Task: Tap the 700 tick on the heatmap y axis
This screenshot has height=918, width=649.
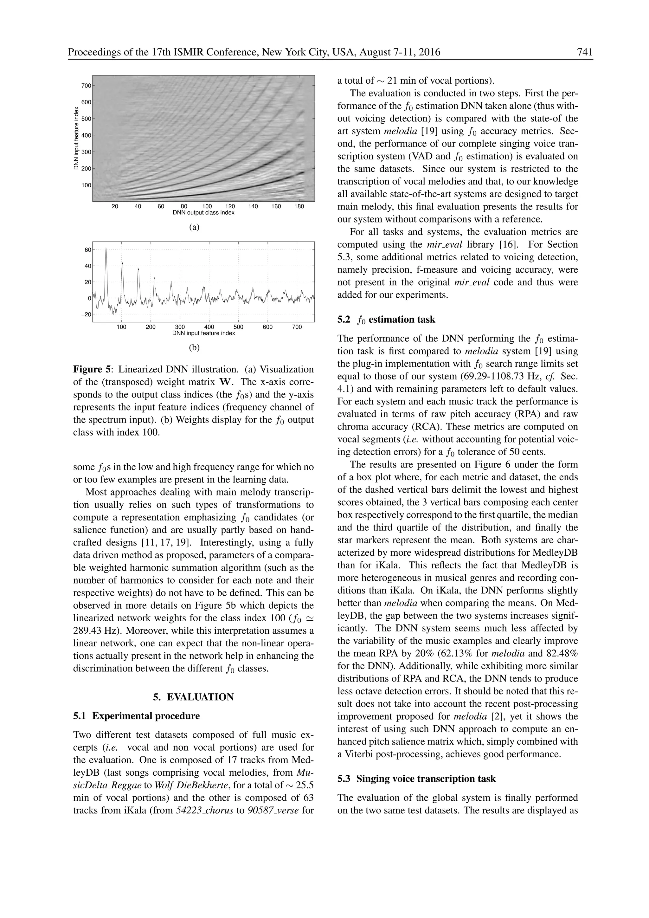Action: pos(86,86)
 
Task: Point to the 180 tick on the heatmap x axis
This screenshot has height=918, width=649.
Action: pos(299,206)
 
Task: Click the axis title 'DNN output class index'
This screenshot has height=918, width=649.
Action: pos(203,213)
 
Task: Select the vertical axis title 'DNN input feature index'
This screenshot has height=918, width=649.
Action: pos(76,138)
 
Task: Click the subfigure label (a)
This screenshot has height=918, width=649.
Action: pos(194,227)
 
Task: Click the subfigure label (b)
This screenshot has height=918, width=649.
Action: pos(194,347)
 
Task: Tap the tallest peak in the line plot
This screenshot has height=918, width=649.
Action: pos(106,248)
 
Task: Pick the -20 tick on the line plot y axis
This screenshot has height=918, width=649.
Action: pos(86,314)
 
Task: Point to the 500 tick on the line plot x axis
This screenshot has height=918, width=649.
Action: pos(238,327)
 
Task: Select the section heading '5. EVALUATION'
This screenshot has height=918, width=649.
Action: pos(193,697)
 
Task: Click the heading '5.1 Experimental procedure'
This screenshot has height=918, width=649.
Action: pos(136,716)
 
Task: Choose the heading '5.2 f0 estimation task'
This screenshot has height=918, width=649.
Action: pos(386,320)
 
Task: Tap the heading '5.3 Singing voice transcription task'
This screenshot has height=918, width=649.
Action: pos(416,779)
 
